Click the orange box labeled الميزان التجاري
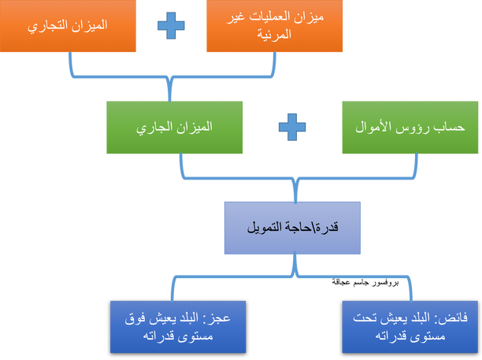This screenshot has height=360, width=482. (x=68, y=26)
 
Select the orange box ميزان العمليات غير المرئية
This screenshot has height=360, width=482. (x=275, y=26)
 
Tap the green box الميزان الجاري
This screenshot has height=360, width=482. (x=174, y=128)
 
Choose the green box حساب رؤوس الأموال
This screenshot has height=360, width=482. (x=410, y=128)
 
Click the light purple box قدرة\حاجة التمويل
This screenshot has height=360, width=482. (x=292, y=228)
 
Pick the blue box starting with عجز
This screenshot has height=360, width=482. (x=178, y=327)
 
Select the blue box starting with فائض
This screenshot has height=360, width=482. (x=410, y=327)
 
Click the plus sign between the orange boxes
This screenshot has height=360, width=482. (x=171, y=25)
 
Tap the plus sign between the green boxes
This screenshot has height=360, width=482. (x=292, y=128)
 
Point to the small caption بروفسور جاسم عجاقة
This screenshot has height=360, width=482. (x=365, y=282)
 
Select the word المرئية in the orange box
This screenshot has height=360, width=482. (x=274, y=34)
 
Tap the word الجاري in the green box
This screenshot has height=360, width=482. (x=150, y=128)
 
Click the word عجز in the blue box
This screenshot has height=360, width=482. (x=220, y=318)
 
